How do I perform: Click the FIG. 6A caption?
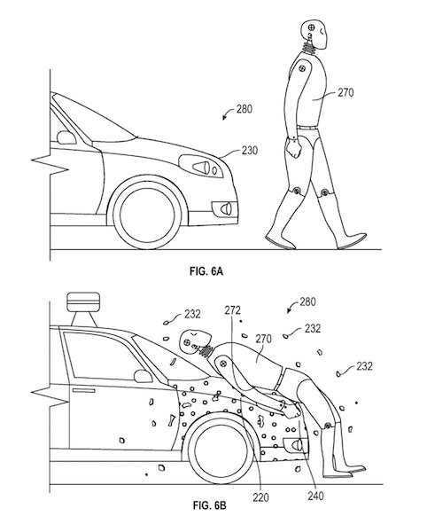tap(206, 271)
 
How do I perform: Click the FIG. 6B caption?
tap(209, 505)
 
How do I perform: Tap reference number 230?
tap(250, 150)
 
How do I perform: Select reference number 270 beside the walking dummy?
tap(345, 92)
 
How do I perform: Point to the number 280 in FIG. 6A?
tap(245, 109)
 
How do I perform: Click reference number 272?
tap(232, 310)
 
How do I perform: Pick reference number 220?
tap(260, 497)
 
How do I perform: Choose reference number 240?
tap(316, 496)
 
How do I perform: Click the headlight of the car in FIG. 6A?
tap(200, 167)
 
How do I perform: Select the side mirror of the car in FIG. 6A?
tap(66, 137)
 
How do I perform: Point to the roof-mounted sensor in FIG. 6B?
tap(83, 309)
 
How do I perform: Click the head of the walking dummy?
tap(314, 35)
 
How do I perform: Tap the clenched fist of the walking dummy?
tap(293, 149)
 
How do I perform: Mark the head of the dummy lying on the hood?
tap(196, 341)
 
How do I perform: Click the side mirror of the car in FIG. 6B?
tap(143, 376)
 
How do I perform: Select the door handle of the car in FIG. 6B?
tap(83, 390)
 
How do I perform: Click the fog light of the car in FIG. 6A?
tap(224, 208)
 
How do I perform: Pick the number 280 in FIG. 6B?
tap(307, 301)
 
